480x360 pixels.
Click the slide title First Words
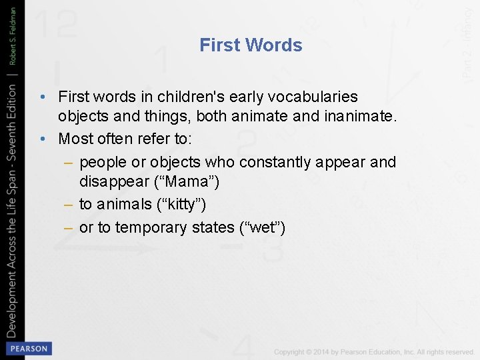click(251, 45)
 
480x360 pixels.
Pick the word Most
click(75, 139)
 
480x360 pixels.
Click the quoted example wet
click(262, 227)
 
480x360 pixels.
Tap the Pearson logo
click(27, 348)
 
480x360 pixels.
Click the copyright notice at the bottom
click(373, 351)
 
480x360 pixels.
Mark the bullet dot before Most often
click(43, 139)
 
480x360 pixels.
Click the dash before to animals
click(67, 205)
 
